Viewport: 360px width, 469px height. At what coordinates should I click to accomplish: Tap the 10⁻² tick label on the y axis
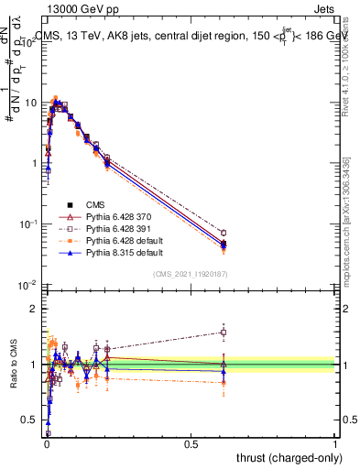pos(28,285)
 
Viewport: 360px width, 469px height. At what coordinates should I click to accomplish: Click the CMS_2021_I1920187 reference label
pos(191,274)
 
